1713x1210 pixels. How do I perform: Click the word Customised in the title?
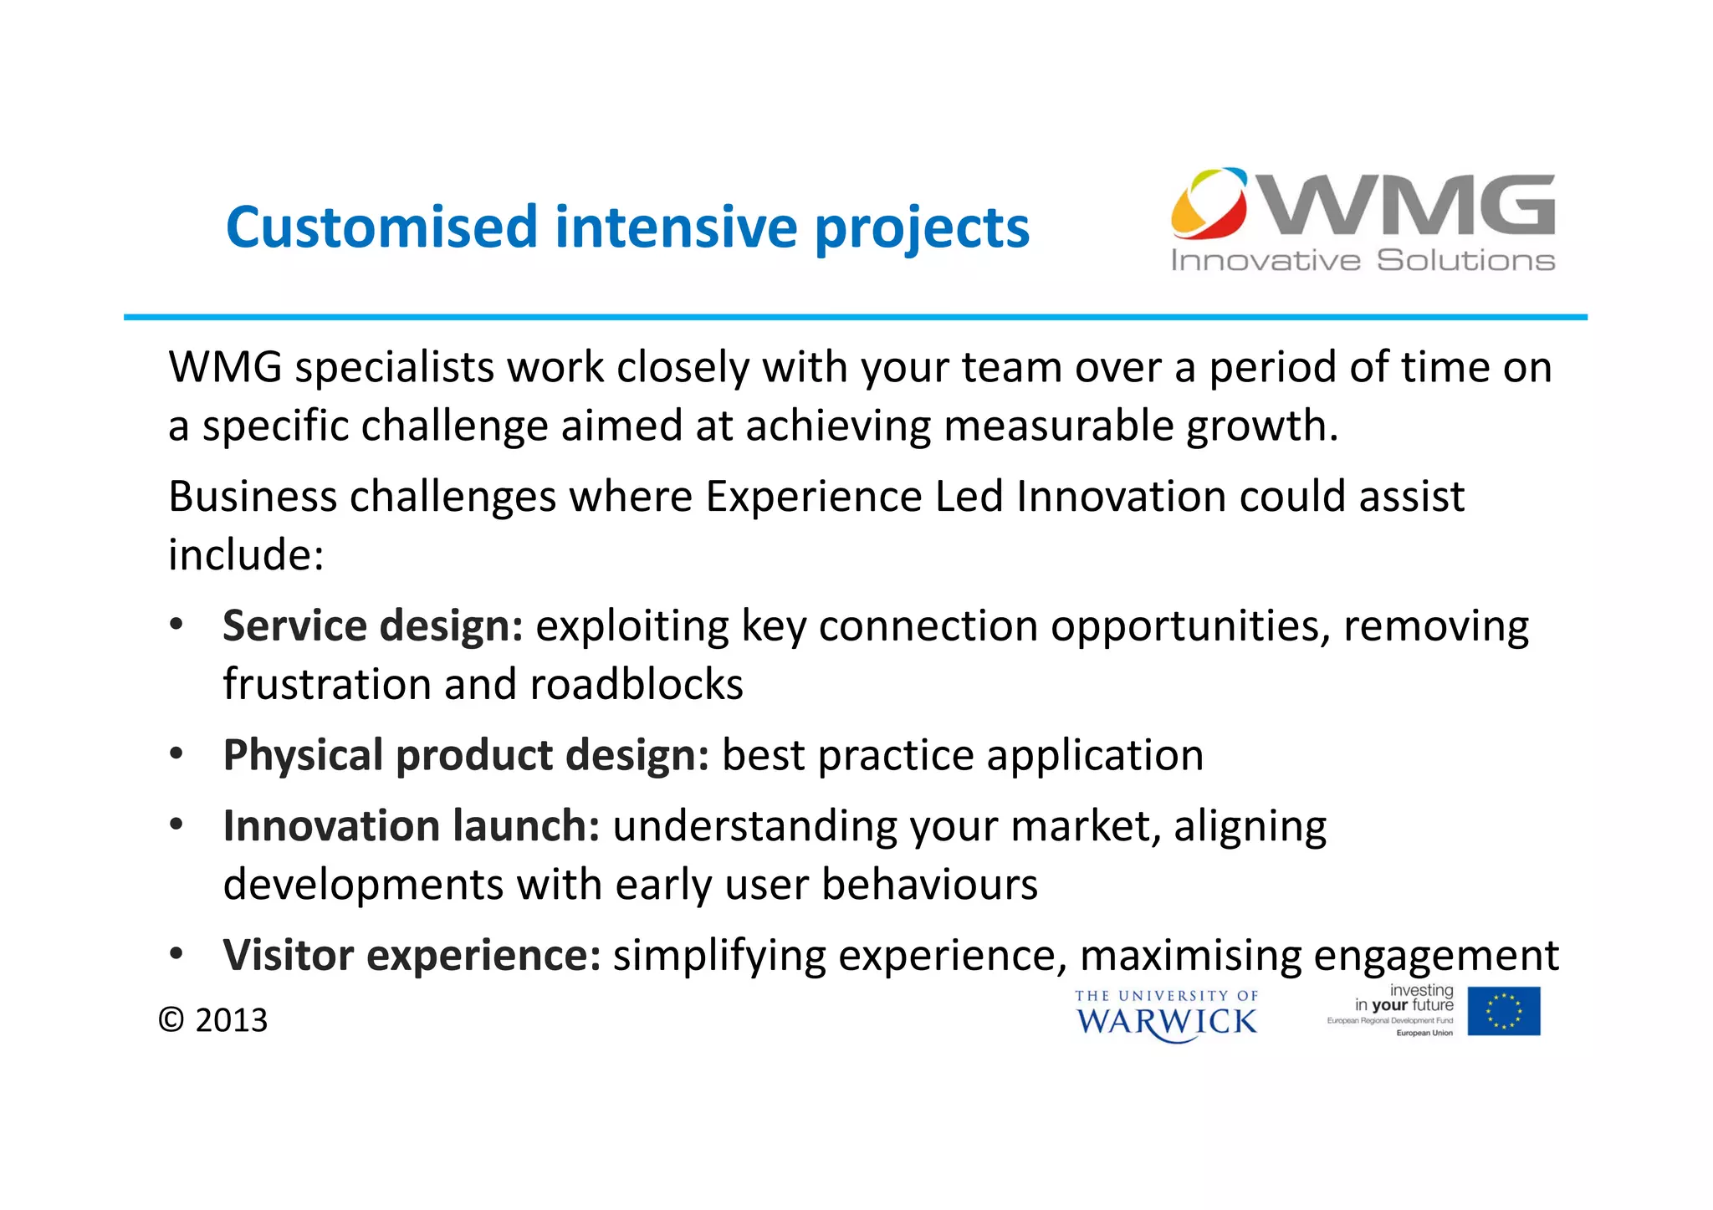[x=381, y=227]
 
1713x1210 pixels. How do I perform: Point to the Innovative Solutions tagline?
[x=1363, y=261]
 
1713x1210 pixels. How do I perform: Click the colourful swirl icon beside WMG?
[x=1208, y=203]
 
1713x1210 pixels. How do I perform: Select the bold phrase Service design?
[x=373, y=626]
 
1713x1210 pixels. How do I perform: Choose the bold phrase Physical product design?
[x=466, y=755]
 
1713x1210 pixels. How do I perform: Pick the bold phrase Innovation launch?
[x=412, y=826]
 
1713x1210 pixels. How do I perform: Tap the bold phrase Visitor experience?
[x=412, y=956]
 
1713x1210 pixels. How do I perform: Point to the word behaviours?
[x=929, y=885]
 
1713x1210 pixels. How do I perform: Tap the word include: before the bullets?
[x=246, y=555]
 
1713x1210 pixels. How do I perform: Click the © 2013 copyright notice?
[x=213, y=1020]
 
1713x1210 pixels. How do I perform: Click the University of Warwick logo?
[x=1166, y=1015]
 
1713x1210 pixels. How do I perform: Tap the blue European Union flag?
[x=1503, y=1011]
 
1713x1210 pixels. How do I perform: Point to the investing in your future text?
[x=1404, y=998]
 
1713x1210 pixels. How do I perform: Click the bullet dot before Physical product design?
[x=176, y=754]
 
